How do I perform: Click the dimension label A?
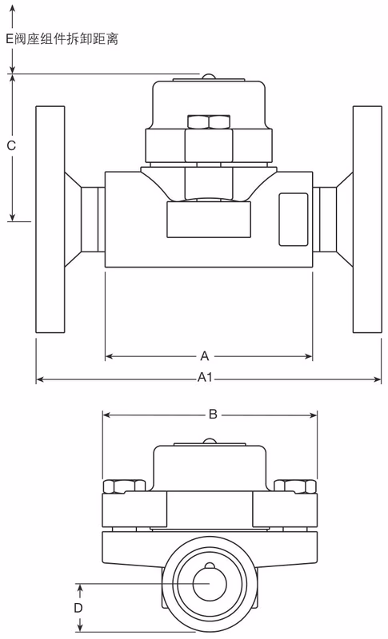coord(204,355)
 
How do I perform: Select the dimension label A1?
coord(204,379)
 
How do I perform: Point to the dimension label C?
coord(11,145)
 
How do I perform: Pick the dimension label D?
coord(78,608)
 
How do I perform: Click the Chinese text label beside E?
coord(67,38)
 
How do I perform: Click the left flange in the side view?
coord(49,219)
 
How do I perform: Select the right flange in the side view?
coord(367,219)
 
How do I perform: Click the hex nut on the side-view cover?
coord(208,122)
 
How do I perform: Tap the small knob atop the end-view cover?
coord(208,441)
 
